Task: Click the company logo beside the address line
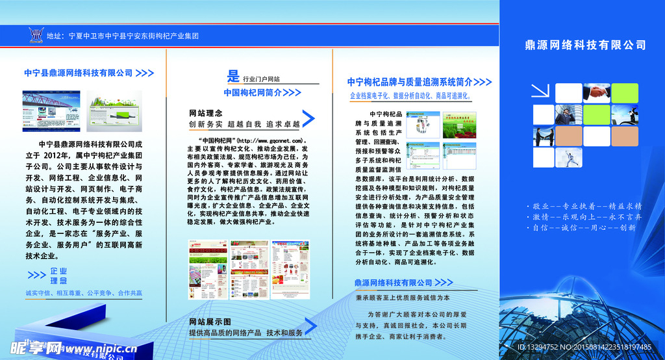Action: (36, 35)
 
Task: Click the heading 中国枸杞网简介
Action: (253, 92)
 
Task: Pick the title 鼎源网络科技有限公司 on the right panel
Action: (585, 45)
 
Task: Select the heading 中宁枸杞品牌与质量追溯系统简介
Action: (410, 82)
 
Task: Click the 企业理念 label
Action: (58, 276)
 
